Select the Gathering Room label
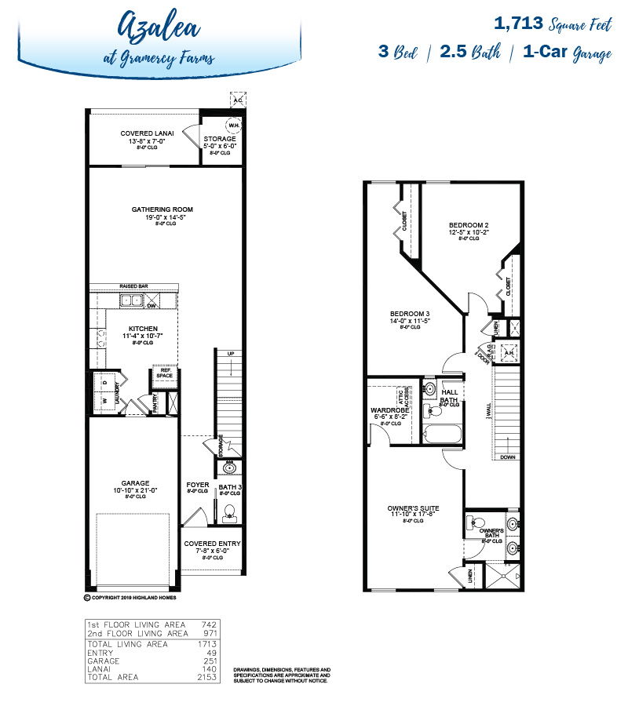162,209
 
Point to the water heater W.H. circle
233,125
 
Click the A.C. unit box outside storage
237,100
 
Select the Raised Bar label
133,286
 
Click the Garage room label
135,483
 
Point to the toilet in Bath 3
230,513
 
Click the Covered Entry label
212,544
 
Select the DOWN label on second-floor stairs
509,457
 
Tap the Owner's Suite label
413,508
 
